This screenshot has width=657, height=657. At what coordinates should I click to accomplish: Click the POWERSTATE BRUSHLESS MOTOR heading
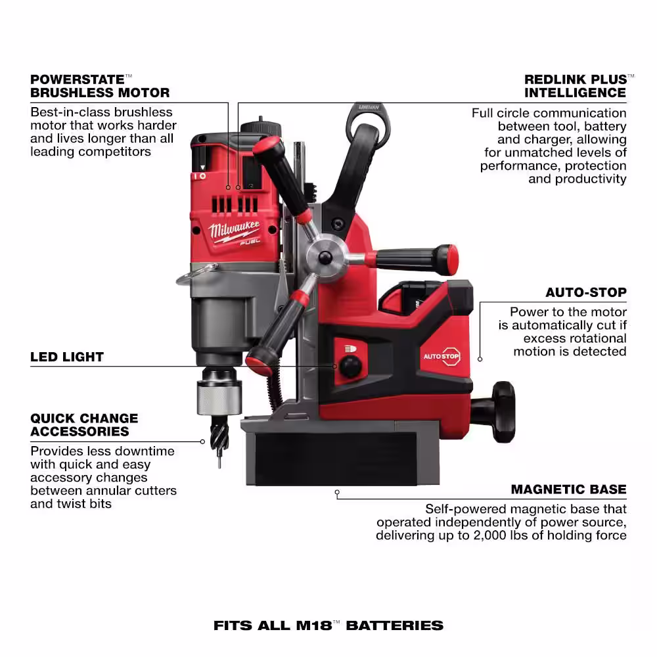click(100, 86)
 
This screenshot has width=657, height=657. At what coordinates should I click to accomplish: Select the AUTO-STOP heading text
click(586, 292)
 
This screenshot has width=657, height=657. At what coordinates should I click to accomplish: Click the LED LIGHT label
click(67, 357)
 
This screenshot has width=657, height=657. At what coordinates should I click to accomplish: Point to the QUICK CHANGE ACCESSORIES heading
click(84, 425)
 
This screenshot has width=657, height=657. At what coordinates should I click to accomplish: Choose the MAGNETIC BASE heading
click(568, 489)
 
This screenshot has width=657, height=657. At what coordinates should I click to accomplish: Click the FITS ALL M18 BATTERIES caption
click(328, 625)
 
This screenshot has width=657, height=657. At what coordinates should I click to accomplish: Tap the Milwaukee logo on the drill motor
click(235, 232)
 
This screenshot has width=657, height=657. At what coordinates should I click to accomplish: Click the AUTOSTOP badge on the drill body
click(442, 357)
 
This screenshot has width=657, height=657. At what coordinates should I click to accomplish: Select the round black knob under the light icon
click(350, 366)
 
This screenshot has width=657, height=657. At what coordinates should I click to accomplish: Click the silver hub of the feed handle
click(326, 258)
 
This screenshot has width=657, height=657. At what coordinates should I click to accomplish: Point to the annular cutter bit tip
click(219, 461)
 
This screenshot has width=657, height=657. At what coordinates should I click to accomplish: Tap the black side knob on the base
click(503, 412)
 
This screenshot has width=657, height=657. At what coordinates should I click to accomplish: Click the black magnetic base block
click(336, 459)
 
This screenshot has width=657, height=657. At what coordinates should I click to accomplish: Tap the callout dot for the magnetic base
click(337, 492)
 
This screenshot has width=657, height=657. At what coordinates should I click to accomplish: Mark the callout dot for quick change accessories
click(202, 442)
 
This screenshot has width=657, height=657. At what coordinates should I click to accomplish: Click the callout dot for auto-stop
click(480, 359)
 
